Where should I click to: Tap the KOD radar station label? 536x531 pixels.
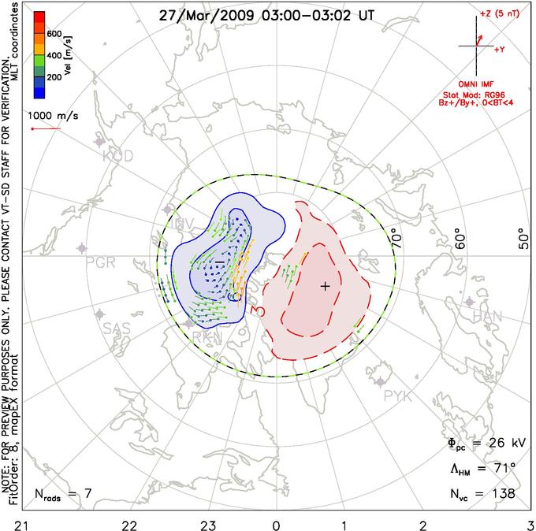click(117, 155)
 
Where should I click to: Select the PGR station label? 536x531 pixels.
click(101, 262)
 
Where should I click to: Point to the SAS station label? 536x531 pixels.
click(117, 329)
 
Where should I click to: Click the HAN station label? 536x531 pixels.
click(486, 316)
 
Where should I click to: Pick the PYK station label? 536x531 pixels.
click(397, 396)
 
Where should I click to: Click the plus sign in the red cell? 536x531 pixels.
click(324, 287)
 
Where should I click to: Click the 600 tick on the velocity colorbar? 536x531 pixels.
click(53, 34)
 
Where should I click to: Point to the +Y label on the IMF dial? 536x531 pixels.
click(499, 49)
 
